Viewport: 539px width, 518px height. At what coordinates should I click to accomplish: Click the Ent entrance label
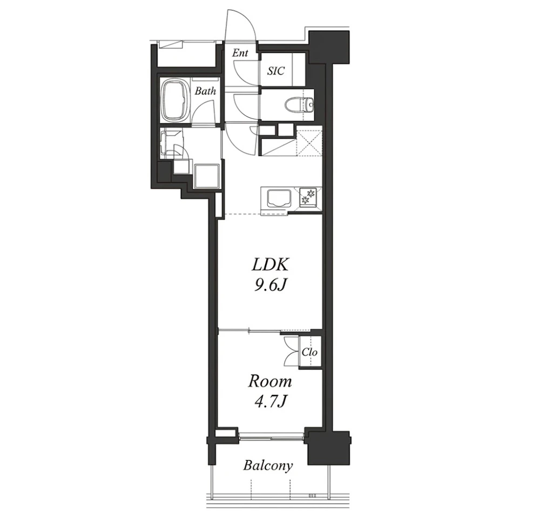tap(240, 53)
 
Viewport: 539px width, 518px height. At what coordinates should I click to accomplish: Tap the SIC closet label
tap(276, 71)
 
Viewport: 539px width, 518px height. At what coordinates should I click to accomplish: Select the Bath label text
tap(205, 91)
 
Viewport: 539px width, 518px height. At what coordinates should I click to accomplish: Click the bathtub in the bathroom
tap(176, 101)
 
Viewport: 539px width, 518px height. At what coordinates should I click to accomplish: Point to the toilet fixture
tap(300, 104)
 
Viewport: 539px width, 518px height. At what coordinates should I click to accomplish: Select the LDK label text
tap(269, 264)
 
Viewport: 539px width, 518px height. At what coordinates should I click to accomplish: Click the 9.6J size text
tap(270, 285)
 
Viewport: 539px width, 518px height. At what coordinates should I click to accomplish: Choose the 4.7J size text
tap(271, 401)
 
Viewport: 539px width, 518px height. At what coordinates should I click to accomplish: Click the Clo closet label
tap(309, 352)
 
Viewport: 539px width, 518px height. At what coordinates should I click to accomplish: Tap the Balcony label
tap(268, 466)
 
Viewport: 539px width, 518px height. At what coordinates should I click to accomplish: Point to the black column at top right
tap(329, 47)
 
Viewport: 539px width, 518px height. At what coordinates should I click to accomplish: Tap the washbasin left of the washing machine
tap(172, 143)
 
